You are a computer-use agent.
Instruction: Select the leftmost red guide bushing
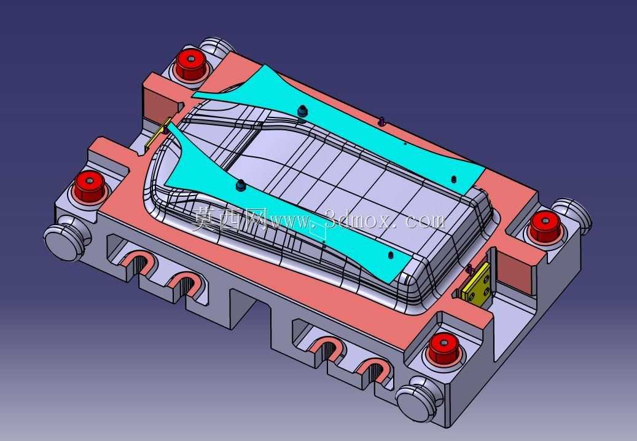coord(89,186)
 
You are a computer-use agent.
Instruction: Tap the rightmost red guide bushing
coord(545,226)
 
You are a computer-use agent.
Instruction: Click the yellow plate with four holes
coord(477,284)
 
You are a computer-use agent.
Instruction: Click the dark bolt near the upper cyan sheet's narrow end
coord(302,111)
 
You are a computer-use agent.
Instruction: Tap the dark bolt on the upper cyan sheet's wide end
coord(454,179)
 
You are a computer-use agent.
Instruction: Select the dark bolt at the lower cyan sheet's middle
coord(241,185)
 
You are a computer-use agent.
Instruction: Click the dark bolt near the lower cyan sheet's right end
coord(391,255)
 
